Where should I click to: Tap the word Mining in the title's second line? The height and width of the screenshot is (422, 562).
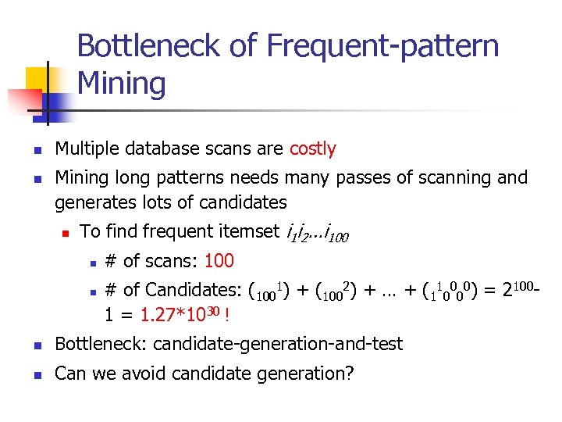point(122,84)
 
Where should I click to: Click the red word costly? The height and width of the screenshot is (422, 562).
point(312,148)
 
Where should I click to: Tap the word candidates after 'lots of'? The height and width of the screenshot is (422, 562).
point(244,202)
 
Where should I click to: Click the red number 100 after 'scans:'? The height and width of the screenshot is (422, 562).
point(219,260)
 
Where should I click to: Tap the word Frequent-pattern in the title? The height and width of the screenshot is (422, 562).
point(382,46)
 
